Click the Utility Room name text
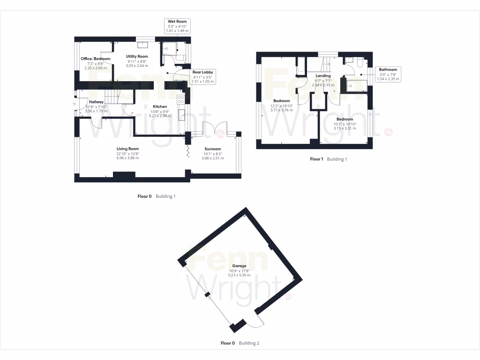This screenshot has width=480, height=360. click(137, 56)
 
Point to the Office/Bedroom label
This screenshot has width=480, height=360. click(95, 59)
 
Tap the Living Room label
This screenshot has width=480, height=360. click(128, 149)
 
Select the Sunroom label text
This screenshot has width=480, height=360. click(213, 149)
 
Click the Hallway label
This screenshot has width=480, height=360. click(96, 102)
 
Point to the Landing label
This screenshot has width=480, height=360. click(323, 75)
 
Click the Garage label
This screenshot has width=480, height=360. click(239, 266)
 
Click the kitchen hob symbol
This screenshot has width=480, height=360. click(180, 99)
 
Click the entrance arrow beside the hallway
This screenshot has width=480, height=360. click(74, 104)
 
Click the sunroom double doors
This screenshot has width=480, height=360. click(214, 130)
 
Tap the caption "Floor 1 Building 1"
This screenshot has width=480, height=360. click(328, 159)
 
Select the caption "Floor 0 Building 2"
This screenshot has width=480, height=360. click(240, 343)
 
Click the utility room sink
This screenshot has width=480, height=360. click(142, 45)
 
